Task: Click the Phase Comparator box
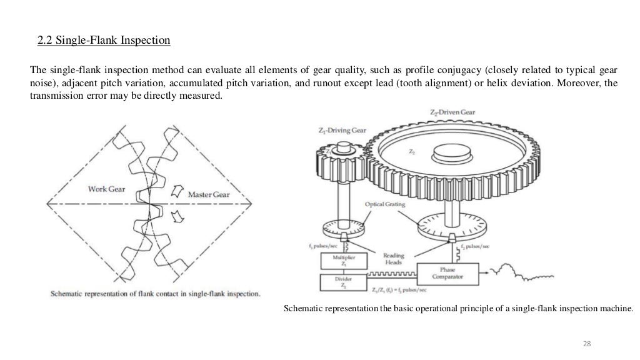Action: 449,274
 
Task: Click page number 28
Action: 586,343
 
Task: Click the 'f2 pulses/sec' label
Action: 472,247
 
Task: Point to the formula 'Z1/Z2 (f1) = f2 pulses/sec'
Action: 395,291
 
